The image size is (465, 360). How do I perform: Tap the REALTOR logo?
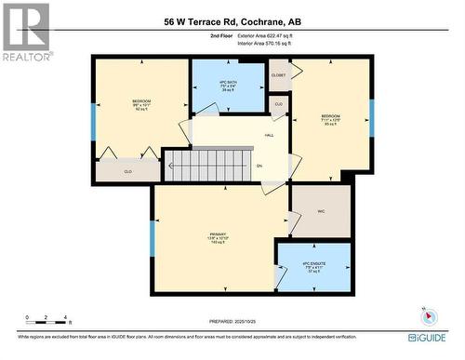point(25,32)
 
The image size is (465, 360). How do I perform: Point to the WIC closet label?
point(322,211)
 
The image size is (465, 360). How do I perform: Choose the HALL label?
point(269,136)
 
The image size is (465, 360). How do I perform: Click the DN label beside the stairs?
point(259,167)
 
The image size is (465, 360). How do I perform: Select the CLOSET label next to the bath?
point(278,74)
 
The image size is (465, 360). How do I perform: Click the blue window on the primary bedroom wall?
point(152,238)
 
